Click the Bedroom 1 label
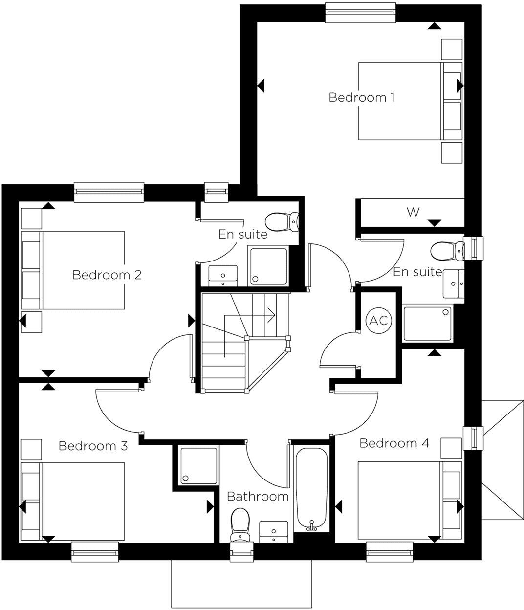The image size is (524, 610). pyautogui.click(x=361, y=97)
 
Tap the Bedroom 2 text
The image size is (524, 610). pyautogui.click(x=107, y=275)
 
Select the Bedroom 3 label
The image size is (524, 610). pyautogui.click(x=93, y=446)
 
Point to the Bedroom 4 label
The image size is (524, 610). pyautogui.click(x=394, y=443)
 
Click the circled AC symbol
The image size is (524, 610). pyautogui.click(x=378, y=321)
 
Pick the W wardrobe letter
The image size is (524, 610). pyautogui.click(x=413, y=212)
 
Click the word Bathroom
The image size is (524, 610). pyautogui.click(x=258, y=497)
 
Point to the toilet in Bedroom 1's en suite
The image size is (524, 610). pyautogui.click(x=447, y=251)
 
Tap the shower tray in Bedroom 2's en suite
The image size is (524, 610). pyautogui.click(x=268, y=266)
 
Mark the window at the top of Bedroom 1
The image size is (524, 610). pyautogui.click(x=360, y=12)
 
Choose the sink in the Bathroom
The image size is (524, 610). pyautogui.click(x=273, y=532)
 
